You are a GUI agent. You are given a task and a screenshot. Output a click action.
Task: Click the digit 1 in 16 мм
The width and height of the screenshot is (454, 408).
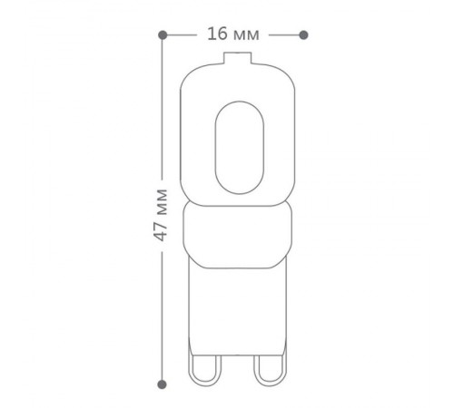[212, 34]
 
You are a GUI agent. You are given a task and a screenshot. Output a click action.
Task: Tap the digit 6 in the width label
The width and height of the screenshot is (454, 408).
[222, 34]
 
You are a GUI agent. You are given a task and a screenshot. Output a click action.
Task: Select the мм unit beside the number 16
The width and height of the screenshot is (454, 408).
[247, 35]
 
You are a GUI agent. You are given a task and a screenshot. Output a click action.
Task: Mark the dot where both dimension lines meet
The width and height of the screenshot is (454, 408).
[163, 35]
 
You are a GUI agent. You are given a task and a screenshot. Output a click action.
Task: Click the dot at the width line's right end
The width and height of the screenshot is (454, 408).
[303, 35]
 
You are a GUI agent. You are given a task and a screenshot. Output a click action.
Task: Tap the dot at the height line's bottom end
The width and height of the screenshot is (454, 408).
[163, 384]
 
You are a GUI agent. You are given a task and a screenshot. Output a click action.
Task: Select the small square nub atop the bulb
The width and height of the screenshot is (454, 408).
[238, 58]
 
